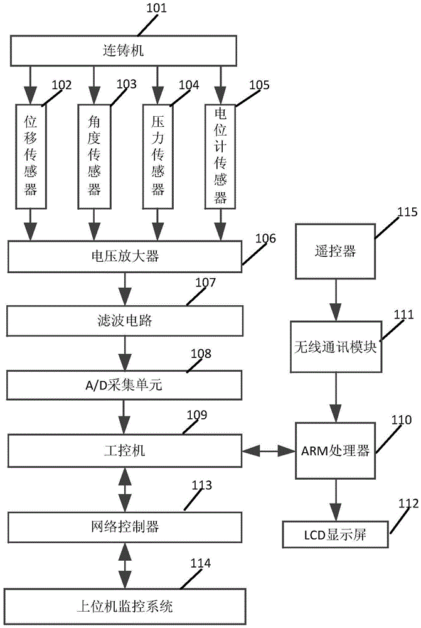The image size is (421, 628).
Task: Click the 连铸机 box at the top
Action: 123,50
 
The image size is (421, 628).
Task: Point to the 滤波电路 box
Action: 123,321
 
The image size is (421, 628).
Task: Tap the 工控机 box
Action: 123,450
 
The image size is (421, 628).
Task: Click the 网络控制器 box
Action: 123,526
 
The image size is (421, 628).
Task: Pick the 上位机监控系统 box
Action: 123,606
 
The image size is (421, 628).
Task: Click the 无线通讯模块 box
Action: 336,346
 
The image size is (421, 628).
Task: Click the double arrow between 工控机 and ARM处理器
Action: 269,450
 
